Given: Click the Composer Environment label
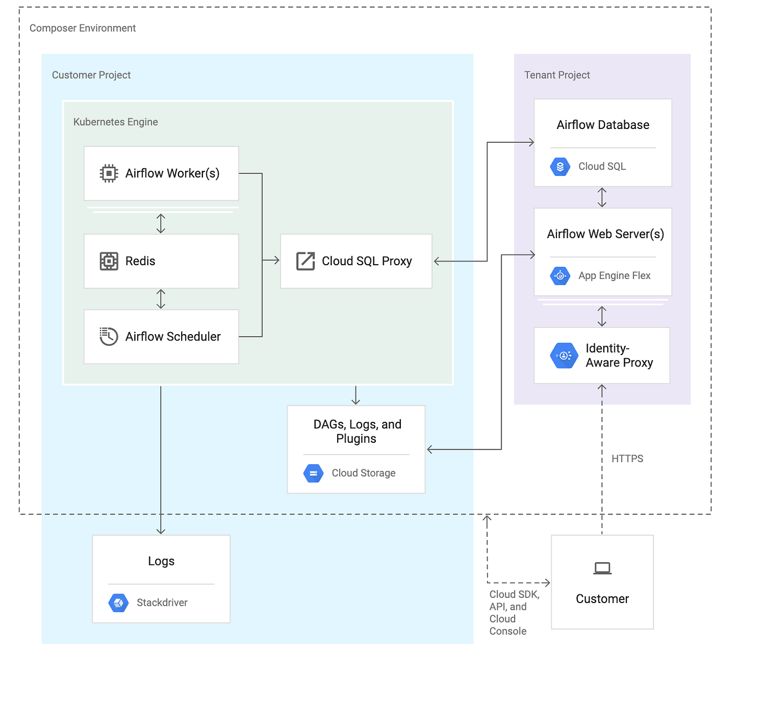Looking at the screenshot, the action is [82, 28].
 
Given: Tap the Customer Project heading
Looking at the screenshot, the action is [91, 75].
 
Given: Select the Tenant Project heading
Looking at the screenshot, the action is [556, 75].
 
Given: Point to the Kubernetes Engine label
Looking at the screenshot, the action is [115, 122].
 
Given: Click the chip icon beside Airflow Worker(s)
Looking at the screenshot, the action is [109, 173].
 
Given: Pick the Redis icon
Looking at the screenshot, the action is [109, 261].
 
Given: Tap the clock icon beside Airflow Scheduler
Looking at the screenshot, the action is [109, 336].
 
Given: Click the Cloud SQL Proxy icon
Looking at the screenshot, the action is [305, 261].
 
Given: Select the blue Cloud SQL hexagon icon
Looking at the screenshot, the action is [560, 167].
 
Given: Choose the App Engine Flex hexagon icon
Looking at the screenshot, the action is [560, 276].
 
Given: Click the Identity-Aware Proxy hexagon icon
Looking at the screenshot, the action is [564, 356].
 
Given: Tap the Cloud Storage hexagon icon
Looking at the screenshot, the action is [313, 473].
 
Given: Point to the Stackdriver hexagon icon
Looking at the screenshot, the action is [118, 603].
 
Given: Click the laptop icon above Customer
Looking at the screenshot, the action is [602, 568].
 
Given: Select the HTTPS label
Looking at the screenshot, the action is [627, 458].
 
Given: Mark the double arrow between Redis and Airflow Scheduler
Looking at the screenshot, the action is [161, 299].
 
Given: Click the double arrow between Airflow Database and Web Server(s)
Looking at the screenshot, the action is [601, 197].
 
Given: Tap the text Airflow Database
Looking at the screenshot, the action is [603, 125].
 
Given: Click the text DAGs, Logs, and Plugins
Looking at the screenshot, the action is [357, 431].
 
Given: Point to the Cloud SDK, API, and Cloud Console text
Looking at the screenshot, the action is [514, 612].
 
